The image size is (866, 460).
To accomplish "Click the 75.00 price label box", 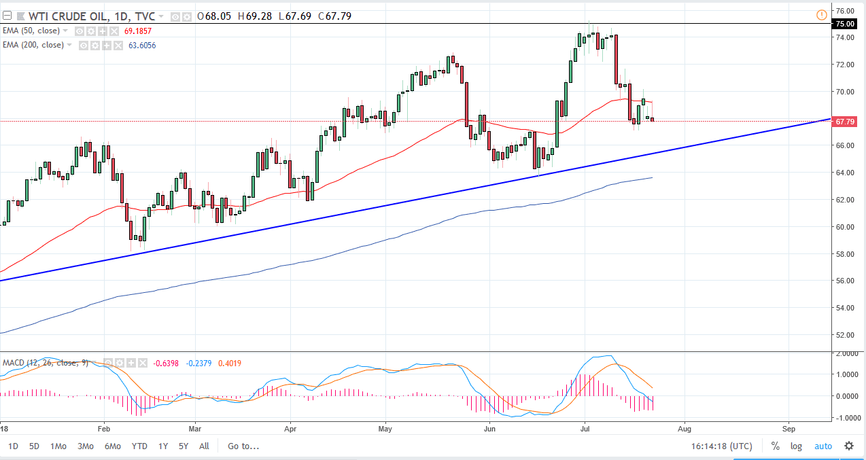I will point(844,24).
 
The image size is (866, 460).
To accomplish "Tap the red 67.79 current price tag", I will point(844,122).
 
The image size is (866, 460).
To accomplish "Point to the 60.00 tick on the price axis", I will point(845,227).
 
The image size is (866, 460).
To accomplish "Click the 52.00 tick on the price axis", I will point(845,335).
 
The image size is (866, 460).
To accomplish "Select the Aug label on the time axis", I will point(684,429).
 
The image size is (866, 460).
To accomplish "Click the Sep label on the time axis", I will point(789,429).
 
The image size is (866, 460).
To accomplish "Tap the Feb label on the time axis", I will point(103,429).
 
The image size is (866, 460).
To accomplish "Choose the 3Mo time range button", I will point(86,446).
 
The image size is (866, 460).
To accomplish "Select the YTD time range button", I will point(139,446).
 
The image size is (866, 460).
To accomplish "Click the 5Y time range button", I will point(184,446).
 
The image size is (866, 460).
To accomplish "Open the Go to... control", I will point(243,446).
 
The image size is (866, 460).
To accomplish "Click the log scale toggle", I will point(796,446).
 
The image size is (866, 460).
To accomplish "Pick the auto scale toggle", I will point(822,446).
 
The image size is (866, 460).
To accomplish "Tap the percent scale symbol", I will point(775,446).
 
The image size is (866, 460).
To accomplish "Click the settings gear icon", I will point(849,446).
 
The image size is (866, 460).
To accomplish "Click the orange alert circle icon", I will point(822,15).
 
